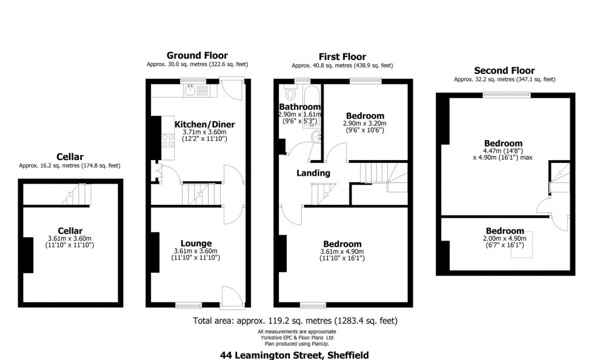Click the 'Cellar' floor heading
70,156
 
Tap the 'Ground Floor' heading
197,56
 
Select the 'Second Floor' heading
504,70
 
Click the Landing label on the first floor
313,173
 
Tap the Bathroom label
299,107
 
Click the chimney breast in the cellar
27,255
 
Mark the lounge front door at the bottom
232,296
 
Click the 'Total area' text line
295,321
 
